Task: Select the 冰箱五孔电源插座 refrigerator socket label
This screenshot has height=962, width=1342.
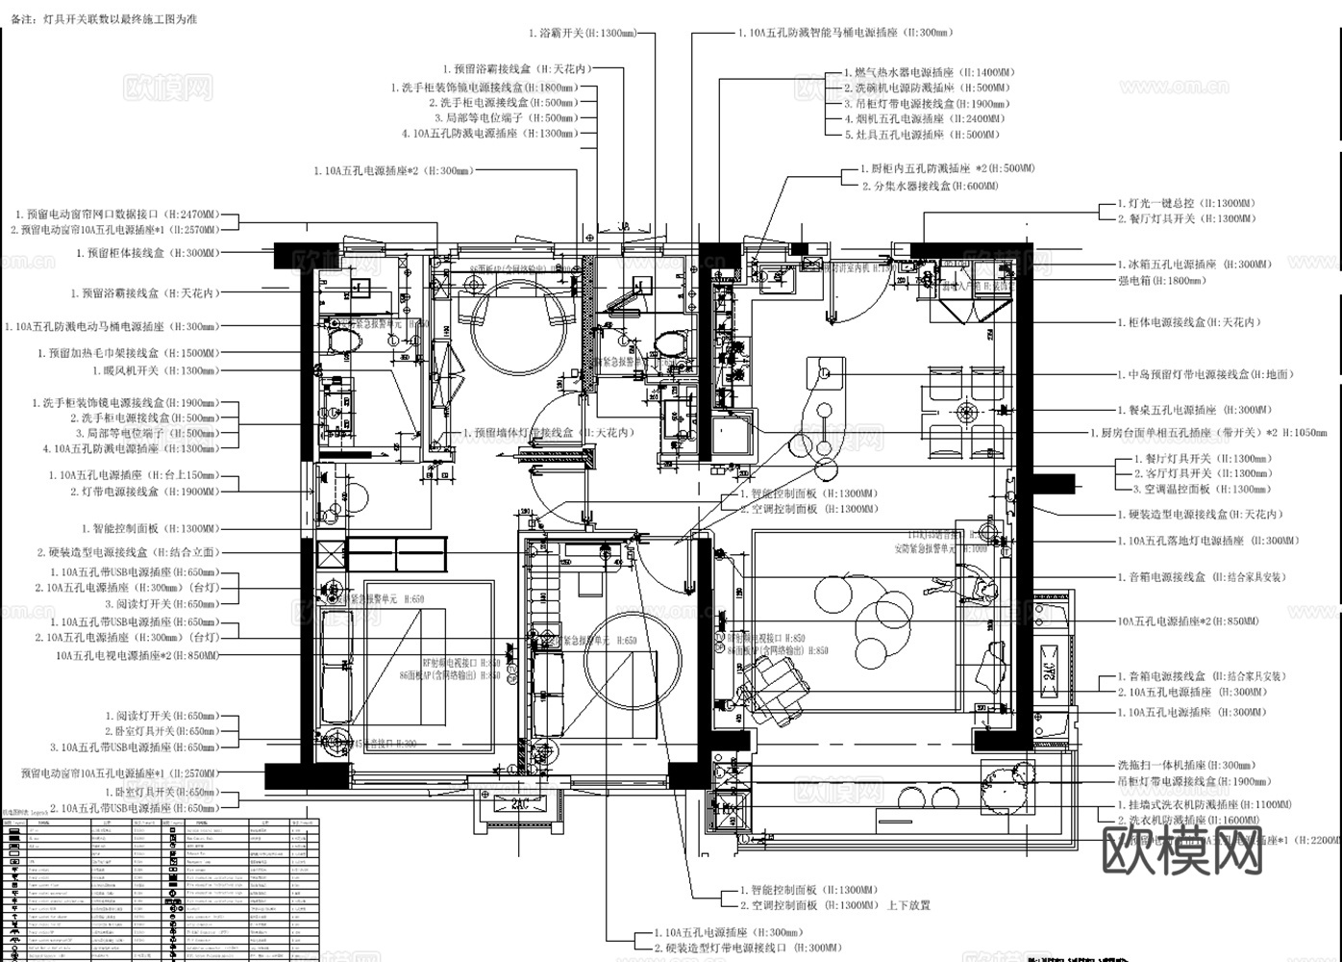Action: click(x=1193, y=265)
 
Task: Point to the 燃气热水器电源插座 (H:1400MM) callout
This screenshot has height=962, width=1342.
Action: click(x=929, y=72)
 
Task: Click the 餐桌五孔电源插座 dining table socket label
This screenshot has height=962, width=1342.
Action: click(x=1193, y=410)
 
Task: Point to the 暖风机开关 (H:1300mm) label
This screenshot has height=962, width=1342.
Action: click(x=154, y=370)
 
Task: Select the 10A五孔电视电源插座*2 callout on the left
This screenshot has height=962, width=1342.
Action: click(x=137, y=656)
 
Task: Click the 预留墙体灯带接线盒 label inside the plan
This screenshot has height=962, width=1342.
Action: click(x=548, y=434)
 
